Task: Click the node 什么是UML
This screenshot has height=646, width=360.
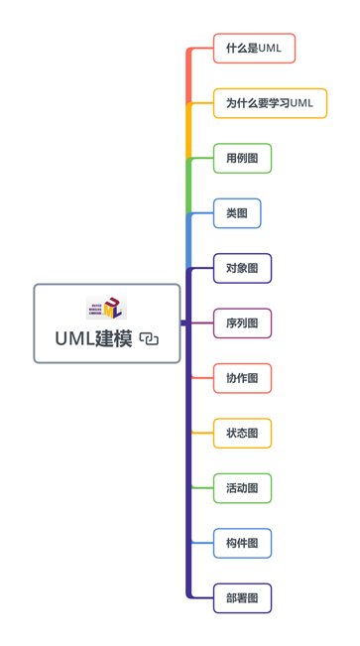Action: coord(254,49)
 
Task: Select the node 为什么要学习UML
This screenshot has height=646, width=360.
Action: coord(270,103)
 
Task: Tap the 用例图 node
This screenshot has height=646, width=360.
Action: coord(242,158)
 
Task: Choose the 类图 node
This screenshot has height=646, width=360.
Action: coord(237,213)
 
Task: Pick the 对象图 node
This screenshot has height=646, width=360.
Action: coord(242,268)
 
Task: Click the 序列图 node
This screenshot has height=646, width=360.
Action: coord(242,323)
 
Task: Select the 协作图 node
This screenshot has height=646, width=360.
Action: coord(242,378)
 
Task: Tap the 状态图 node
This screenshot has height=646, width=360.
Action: coord(242,433)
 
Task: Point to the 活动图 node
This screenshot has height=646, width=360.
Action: coord(242,488)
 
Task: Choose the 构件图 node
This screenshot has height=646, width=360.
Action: coord(242,543)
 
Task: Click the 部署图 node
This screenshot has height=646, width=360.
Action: coord(242,598)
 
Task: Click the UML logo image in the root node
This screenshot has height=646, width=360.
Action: coord(106,308)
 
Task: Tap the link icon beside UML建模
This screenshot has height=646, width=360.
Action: coord(149,339)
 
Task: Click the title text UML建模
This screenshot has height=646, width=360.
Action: coord(93,339)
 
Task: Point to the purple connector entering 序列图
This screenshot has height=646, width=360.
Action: coord(202,323)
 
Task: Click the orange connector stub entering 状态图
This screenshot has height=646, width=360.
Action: coord(202,433)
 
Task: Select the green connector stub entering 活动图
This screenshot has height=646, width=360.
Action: coord(202,488)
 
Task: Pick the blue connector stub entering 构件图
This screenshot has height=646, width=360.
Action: coord(202,543)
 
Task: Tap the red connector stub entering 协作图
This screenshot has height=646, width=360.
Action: coord(202,378)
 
